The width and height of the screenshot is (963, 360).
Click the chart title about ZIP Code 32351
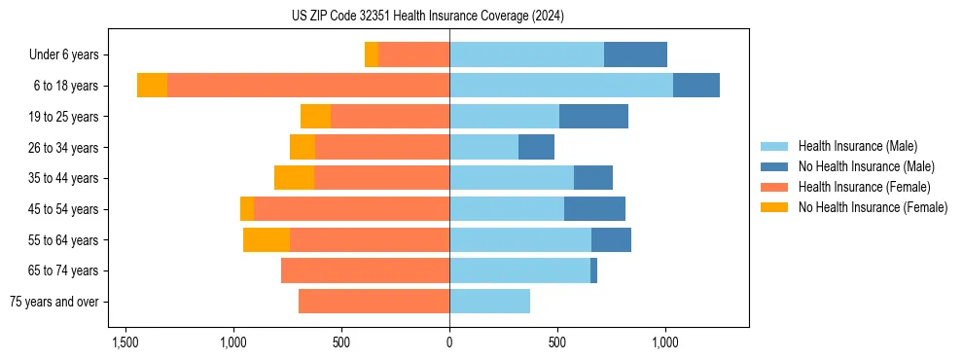click(427, 16)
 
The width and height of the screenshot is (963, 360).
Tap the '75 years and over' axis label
click(53, 302)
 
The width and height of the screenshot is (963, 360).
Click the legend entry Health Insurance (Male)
click(856, 146)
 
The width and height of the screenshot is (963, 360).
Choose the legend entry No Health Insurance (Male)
click(866, 166)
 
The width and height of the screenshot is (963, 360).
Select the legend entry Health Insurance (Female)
click(864, 187)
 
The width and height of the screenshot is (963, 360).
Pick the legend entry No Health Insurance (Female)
click(873, 207)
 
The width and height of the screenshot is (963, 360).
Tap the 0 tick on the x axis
click(449, 342)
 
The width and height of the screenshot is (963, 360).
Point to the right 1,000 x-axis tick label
click(665, 342)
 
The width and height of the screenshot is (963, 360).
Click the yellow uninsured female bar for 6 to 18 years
click(152, 86)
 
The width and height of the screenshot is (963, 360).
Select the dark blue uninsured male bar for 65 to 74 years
click(593, 270)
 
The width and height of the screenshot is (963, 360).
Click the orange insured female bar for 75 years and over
click(374, 302)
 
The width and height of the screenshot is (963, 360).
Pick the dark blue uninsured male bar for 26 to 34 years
click(536, 148)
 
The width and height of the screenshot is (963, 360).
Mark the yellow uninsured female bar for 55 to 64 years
click(267, 240)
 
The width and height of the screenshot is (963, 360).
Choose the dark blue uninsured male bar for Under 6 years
click(635, 55)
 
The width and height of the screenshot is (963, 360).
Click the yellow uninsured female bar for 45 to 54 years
click(247, 209)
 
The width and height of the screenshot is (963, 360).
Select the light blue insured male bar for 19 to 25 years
click(504, 117)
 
